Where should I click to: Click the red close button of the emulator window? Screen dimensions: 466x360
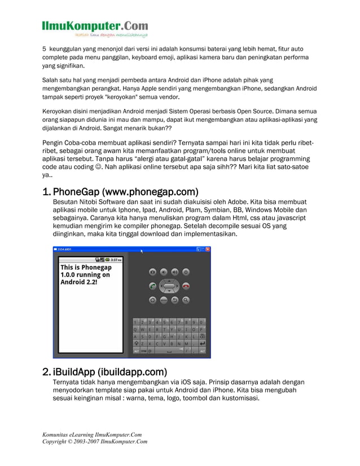pos(208,249)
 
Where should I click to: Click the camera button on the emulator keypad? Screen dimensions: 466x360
pos(152,272)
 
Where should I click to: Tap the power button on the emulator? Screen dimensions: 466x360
pos(186,272)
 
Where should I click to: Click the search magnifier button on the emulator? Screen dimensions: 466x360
pos(186,300)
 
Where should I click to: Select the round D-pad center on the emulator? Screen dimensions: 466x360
pos(169,285)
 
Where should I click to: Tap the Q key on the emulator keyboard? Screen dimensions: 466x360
pos(136,329)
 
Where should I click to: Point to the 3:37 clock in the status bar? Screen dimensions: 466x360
pos(116,260)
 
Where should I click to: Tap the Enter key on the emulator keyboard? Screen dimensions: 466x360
pos(203,342)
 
